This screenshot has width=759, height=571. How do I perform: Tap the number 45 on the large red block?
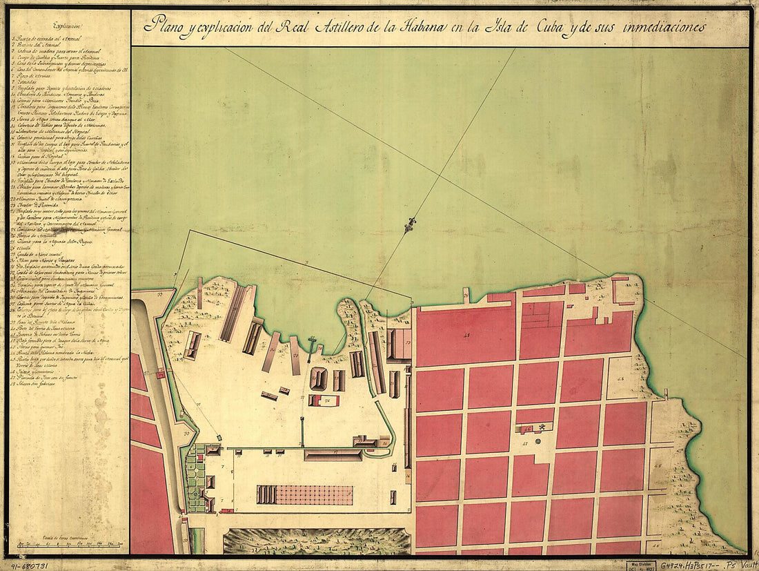[x=466, y=336]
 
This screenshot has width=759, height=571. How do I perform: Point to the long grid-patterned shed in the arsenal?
[x=304, y=494]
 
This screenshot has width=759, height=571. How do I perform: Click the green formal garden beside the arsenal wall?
[x=197, y=476]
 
